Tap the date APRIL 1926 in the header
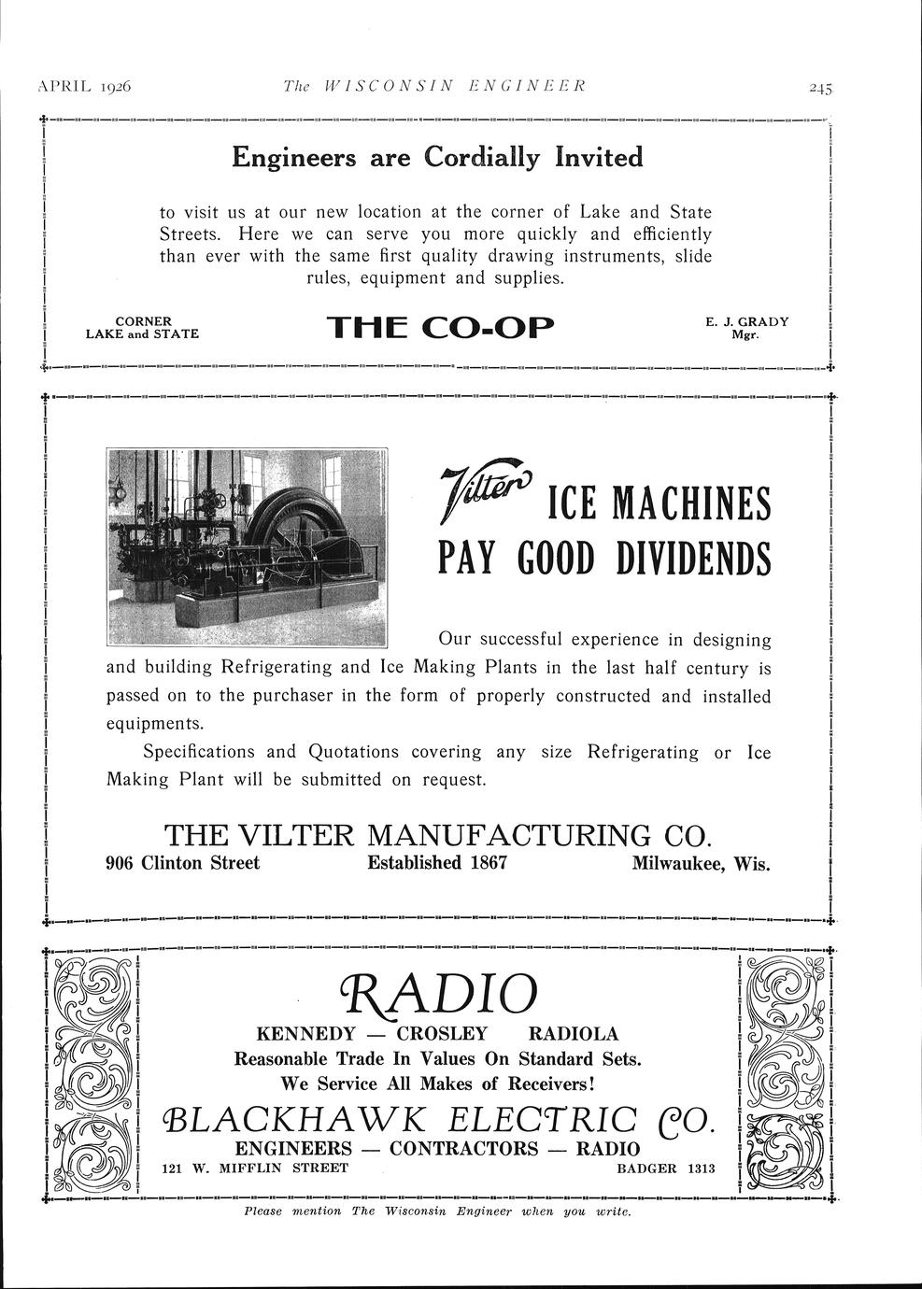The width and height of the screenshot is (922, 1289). coord(84,87)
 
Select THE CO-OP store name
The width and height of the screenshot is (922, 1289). coord(440,328)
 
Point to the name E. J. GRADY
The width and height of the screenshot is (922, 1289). coord(746,321)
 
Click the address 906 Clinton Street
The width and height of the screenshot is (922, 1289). coord(182,862)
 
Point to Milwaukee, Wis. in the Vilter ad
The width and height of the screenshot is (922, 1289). coord(701,863)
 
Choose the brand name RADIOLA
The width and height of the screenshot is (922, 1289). coord(573,1033)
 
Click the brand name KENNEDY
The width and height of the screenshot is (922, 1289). coord(305,1033)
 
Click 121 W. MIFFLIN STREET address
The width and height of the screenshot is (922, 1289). coord(255,1168)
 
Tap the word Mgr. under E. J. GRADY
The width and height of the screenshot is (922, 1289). coord(745,334)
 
